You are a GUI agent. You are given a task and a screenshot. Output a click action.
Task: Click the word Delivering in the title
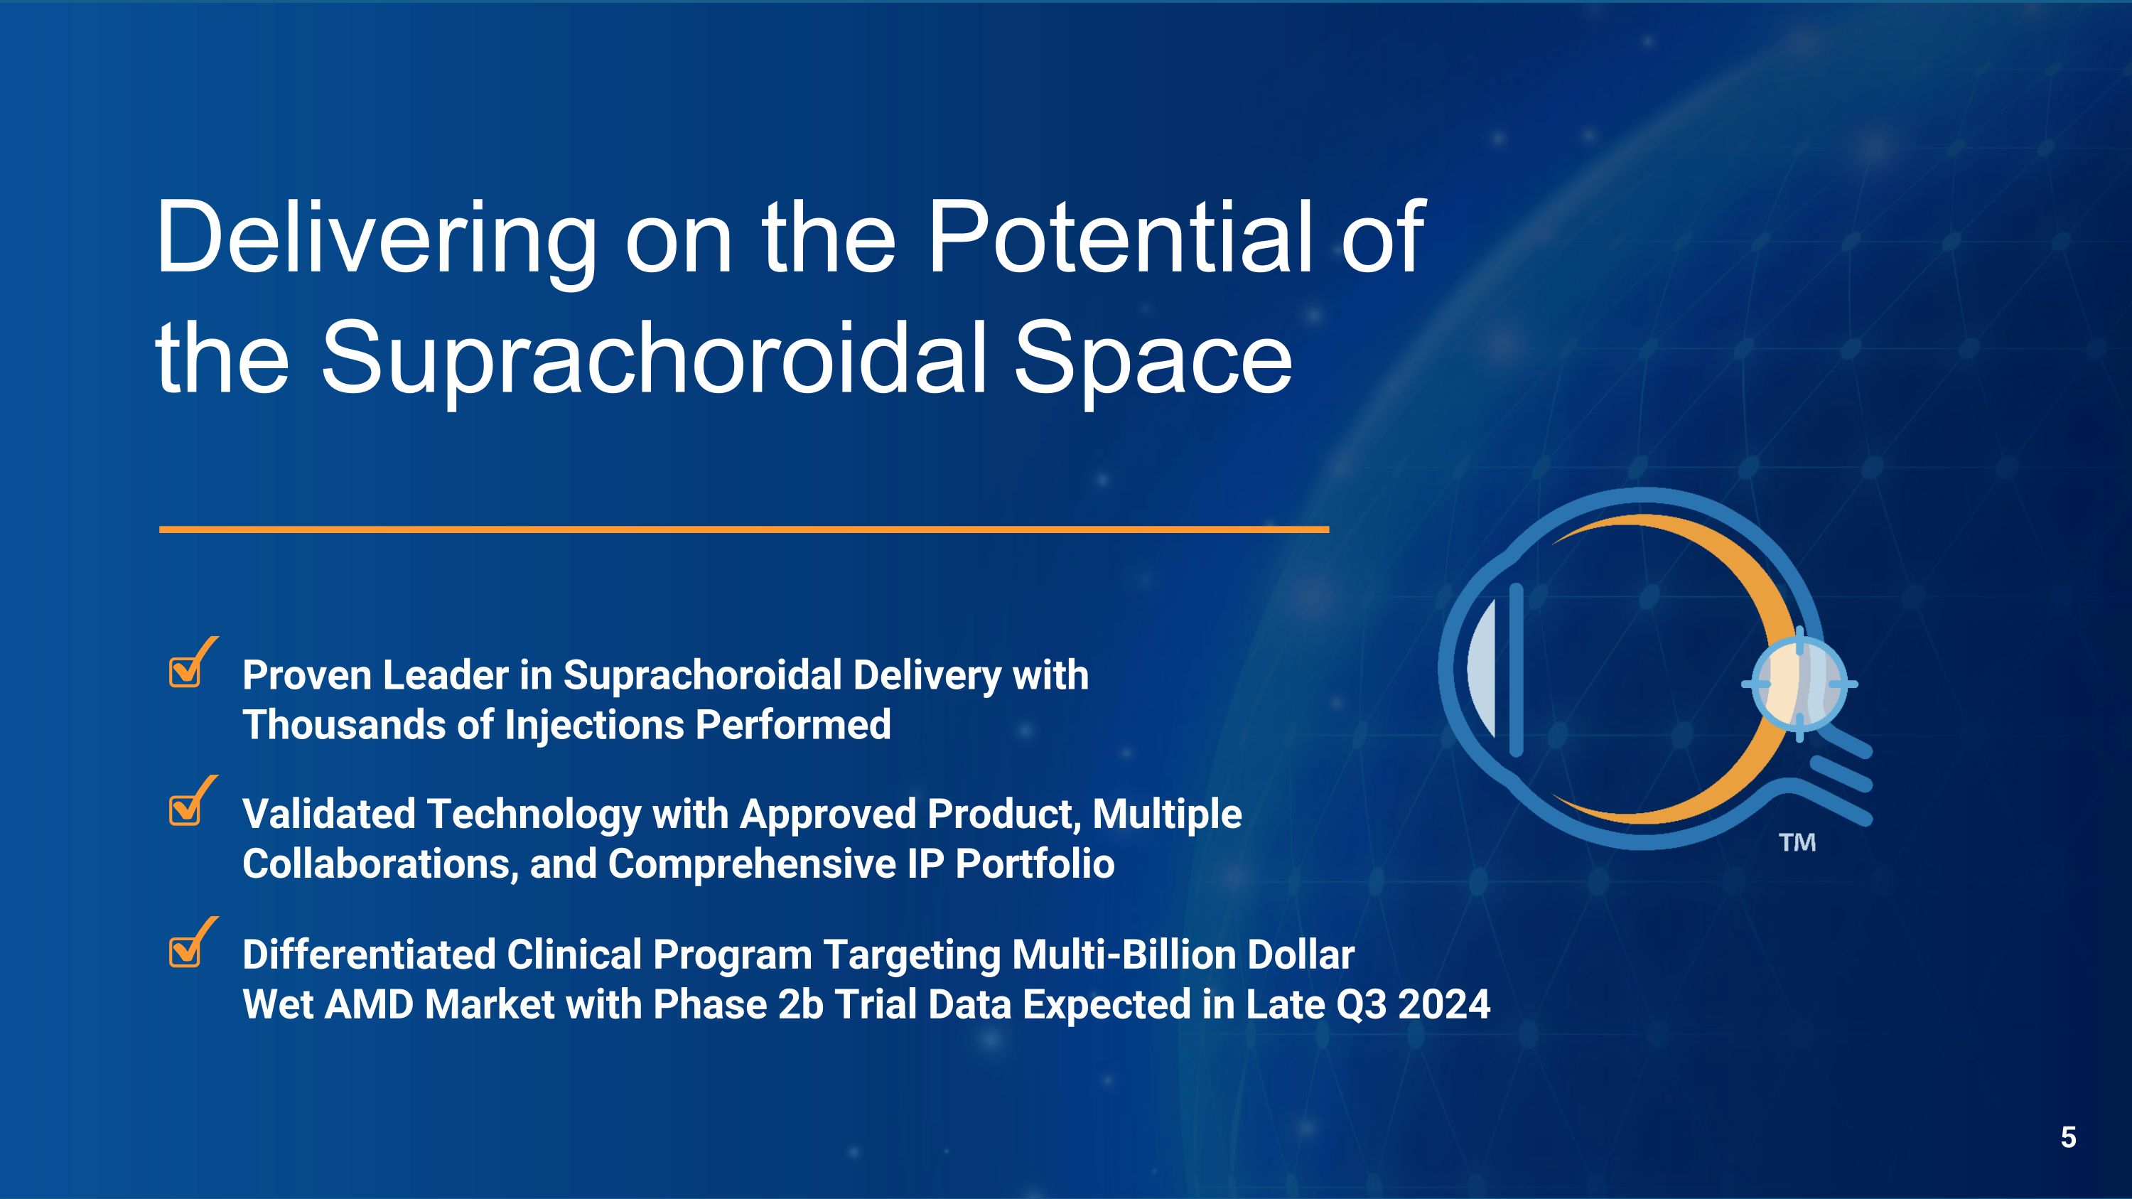376,238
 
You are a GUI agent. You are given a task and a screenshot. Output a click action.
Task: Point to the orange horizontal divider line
744,529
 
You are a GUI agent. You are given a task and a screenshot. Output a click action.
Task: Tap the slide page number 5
2068,1138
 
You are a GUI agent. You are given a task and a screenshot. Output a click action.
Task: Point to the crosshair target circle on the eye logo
1799,684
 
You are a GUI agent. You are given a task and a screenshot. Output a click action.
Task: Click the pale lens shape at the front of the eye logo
1482,669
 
